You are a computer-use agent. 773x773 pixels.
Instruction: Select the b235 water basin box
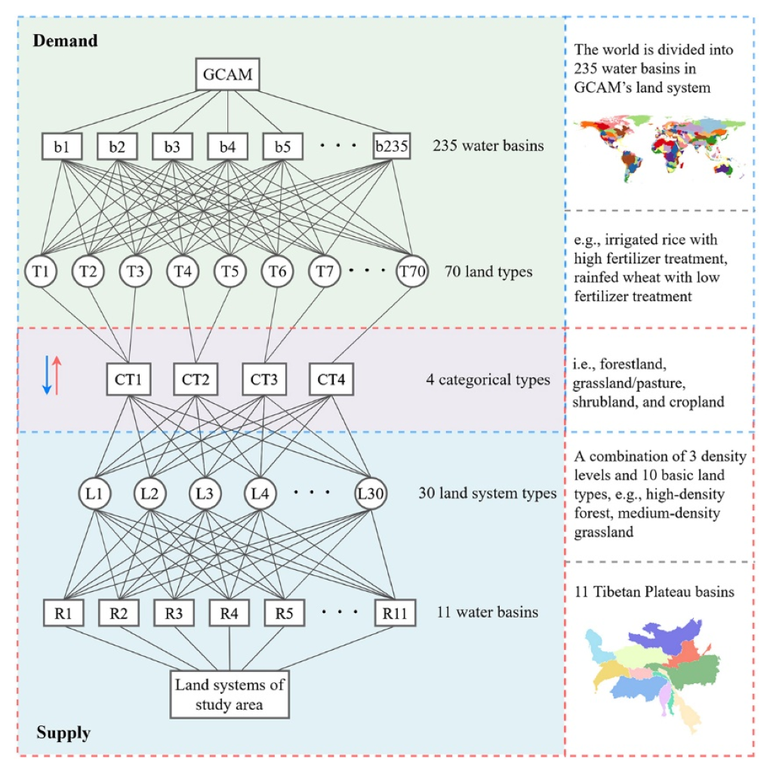[x=392, y=146]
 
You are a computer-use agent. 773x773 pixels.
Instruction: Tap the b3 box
[x=172, y=146]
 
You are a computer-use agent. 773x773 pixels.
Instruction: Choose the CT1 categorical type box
[x=129, y=380]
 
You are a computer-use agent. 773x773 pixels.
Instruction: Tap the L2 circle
[x=151, y=494]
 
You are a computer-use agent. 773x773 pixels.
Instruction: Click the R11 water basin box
[x=395, y=612]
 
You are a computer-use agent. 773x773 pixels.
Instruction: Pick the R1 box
[x=63, y=612]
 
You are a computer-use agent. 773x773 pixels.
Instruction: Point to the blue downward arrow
[x=46, y=375]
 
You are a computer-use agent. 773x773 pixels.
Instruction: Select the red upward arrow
[x=57, y=375]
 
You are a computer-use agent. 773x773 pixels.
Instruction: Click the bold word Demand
[x=66, y=41]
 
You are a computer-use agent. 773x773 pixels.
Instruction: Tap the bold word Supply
[x=63, y=732]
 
